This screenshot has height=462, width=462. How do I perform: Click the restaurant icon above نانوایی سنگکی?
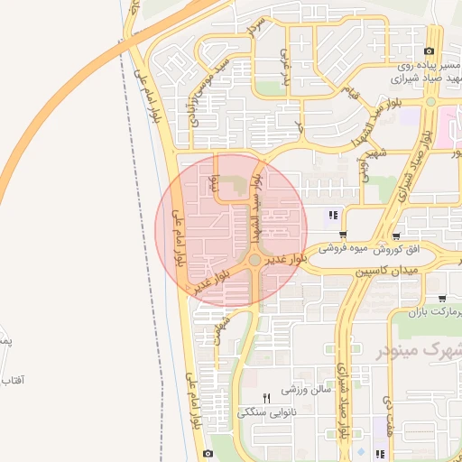click(x=265, y=398)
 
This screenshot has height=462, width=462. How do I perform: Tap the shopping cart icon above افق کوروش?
click(x=396, y=235)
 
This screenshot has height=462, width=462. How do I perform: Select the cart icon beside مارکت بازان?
click(x=441, y=300)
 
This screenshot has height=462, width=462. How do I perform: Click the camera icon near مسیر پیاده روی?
click(x=429, y=51)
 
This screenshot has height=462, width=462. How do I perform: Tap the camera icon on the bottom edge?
click(x=208, y=453)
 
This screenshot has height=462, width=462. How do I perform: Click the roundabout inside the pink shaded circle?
click(x=255, y=260)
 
